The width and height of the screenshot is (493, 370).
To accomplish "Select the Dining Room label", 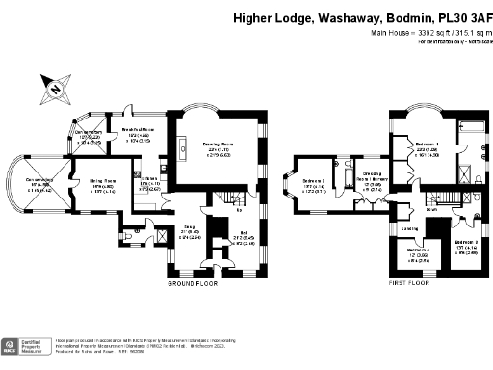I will point(103,181).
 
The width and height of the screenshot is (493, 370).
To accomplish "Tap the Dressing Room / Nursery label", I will point(373,181).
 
